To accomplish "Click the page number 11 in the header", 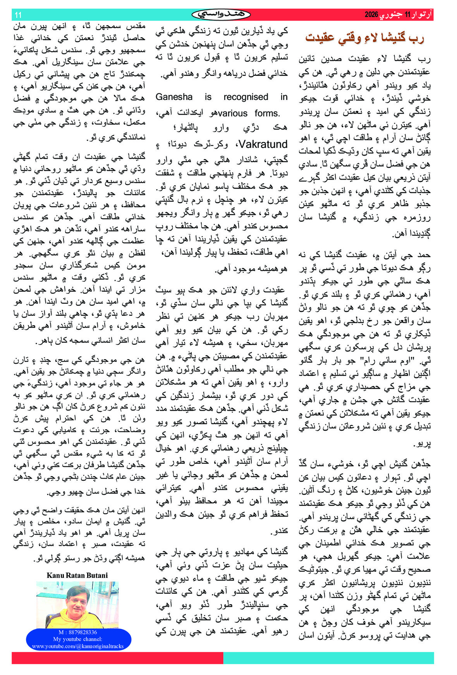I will tap(18, 15).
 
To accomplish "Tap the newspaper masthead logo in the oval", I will tap(221, 15).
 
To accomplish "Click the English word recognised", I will tap(246, 97).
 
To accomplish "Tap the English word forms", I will tap(267, 113).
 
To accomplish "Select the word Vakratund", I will tap(263, 144).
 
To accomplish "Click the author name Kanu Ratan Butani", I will tap(77, 575).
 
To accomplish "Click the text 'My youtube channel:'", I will tap(78, 639).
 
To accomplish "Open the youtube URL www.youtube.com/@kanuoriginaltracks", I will tap(78, 646).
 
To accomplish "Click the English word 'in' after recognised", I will tap(284, 97).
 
